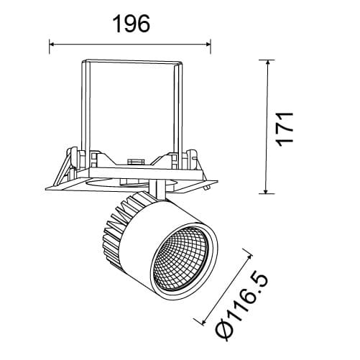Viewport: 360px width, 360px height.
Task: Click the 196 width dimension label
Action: coord(131,24)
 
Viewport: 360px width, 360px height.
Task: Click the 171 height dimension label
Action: coord(285,129)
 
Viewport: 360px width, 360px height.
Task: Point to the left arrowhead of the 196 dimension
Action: coord(52,44)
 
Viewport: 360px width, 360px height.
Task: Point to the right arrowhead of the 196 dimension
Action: coord(207,44)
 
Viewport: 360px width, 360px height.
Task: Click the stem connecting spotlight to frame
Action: coord(157,190)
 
